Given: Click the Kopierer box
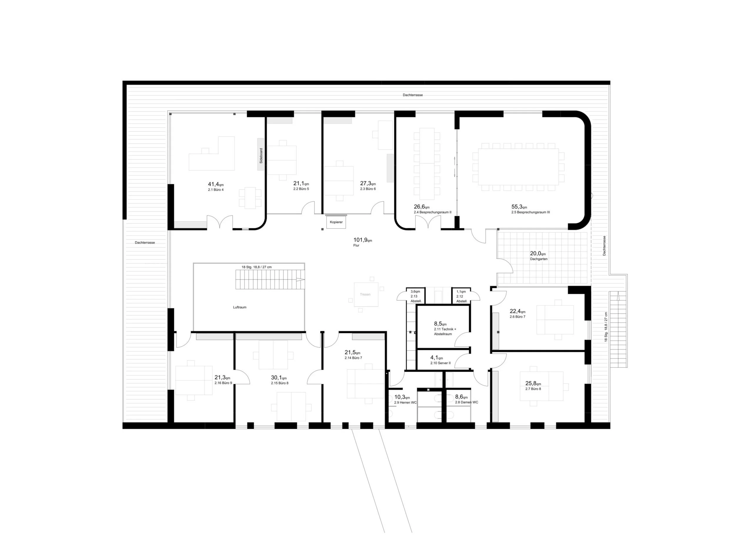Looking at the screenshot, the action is coord(336,222).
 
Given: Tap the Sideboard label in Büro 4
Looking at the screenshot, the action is coord(261,155).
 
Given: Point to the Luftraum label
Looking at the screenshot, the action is coord(240,307).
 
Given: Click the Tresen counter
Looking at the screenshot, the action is coord(366,294).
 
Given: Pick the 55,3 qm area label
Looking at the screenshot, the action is coord(519,207).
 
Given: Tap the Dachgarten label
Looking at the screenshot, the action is coord(539,259).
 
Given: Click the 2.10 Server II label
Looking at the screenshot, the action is coord(440,363).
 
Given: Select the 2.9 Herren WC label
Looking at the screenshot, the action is coord(405,403).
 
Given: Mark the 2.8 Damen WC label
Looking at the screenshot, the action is coord(467,402).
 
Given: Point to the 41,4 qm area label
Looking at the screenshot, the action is coord(216,184).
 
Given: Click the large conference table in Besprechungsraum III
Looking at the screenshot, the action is coord(518,167).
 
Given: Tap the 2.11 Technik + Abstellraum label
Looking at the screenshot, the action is coord(445,331).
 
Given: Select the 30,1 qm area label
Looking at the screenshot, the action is coord(278,378).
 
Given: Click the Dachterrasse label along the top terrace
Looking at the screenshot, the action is coord(413,95).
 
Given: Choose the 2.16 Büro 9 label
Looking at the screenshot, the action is coord(223,383).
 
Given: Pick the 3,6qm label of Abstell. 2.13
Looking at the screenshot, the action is coord(415,292).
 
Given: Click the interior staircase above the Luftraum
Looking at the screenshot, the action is coord(270,279).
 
